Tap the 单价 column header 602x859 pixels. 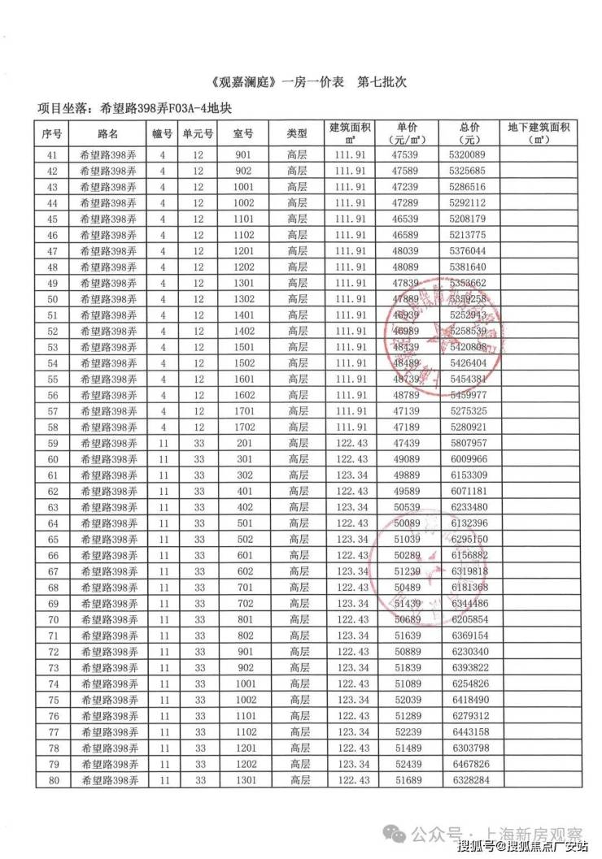(407, 128)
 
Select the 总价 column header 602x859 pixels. (467, 128)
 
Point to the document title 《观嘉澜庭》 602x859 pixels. (245, 84)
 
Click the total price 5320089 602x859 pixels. (467, 155)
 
